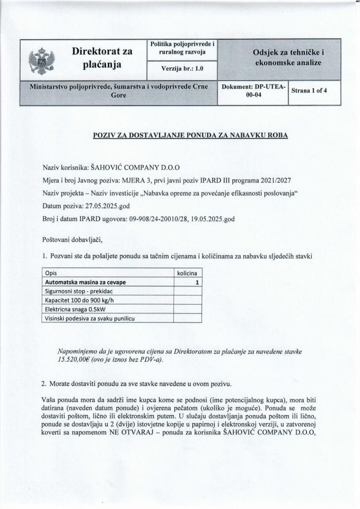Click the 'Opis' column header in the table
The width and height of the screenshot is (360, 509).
click(51, 273)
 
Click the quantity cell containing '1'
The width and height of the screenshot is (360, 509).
click(197, 282)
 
